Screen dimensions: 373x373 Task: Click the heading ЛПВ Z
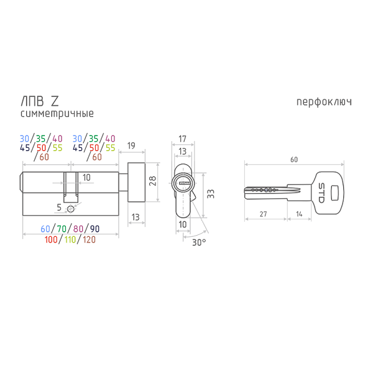pyautogui.click(x=40, y=101)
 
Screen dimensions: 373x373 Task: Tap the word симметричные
pyautogui.click(x=57, y=113)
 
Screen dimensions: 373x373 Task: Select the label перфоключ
pyautogui.click(x=324, y=102)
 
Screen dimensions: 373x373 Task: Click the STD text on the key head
pyautogui.click(x=321, y=193)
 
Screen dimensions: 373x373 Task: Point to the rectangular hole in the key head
pyautogui.click(x=334, y=193)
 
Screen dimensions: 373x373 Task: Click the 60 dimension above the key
pyautogui.click(x=294, y=160)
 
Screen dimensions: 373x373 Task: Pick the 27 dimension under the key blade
pyautogui.click(x=263, y=214)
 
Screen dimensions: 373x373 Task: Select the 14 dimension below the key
pyautogui.click(x=299, y=214)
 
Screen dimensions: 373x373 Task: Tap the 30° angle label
pyautogui.click(x=199, y=242)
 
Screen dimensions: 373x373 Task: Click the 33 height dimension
pyautogui.click(x=211, y=194)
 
